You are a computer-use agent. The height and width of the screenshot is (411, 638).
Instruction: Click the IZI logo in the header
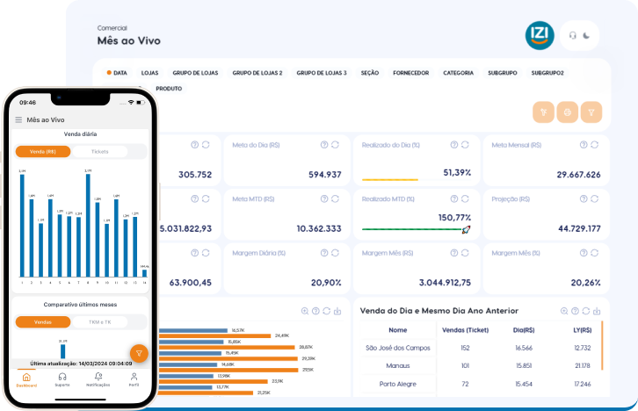tap(540, 35)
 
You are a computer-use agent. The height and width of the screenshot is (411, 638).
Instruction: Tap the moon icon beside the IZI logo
tap(586, 36)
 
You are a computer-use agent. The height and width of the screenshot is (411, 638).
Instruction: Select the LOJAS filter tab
tap(149, 73)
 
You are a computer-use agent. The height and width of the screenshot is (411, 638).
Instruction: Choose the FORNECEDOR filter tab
tap(410, 73)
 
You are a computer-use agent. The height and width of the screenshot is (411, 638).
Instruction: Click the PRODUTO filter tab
tap(169, 89)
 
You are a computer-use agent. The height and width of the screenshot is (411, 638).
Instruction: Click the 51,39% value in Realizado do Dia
tap(457, 173)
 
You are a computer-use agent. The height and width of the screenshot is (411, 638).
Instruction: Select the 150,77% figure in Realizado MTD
tap(454, 217)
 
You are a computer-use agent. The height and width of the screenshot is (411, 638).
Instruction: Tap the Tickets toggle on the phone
tap(100, 152)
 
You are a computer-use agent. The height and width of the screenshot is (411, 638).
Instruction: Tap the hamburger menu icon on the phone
tap(18, 119)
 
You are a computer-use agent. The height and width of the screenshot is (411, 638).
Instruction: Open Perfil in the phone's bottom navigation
tap(134, 379)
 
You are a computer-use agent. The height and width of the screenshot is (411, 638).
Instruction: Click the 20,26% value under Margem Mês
tap(585, 283)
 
